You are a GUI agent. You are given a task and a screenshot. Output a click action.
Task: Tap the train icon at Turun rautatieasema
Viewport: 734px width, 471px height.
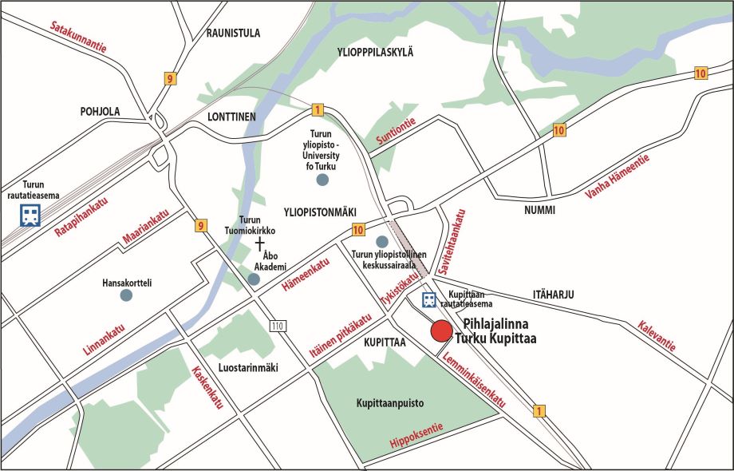30,215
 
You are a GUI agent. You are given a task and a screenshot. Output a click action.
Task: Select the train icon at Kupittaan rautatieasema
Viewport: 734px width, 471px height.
428,300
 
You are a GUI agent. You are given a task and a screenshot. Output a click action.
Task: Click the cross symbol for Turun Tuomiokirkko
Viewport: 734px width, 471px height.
258,242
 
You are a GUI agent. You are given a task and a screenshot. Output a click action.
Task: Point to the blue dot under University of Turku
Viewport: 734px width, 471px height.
322,180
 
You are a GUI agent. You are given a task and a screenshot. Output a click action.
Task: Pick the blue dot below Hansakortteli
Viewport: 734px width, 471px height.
126,295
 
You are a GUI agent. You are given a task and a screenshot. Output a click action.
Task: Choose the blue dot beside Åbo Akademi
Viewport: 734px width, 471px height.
254,279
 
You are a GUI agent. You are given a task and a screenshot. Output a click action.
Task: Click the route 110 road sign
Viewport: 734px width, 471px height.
277,326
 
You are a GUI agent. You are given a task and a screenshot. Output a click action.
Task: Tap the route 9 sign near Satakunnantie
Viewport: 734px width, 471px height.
169,78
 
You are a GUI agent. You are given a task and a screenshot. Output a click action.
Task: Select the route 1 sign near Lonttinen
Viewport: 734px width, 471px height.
318,110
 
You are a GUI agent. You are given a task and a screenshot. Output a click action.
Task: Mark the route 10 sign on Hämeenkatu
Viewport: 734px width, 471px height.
358,231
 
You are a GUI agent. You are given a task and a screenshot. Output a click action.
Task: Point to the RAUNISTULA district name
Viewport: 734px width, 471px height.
233,33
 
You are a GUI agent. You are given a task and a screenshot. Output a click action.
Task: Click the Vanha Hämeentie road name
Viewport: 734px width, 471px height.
618,177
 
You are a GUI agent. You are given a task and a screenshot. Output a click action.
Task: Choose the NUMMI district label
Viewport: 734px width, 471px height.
539,211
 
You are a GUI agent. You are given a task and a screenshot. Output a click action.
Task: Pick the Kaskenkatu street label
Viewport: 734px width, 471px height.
207,387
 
